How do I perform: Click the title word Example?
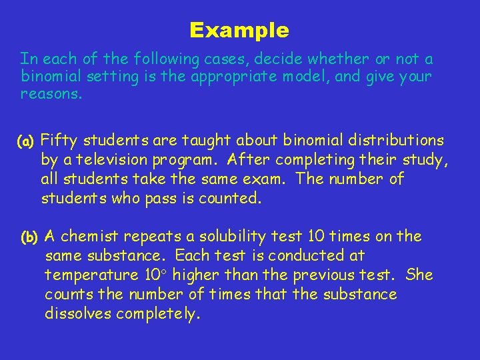pos(239,31)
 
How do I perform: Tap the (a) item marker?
pos(27,141)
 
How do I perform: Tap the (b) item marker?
pos(31,237)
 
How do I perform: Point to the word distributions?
pos(397,140)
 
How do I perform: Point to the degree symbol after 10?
pos(168,273)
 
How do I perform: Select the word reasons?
pos(51,95)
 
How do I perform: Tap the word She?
pos(419,275)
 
